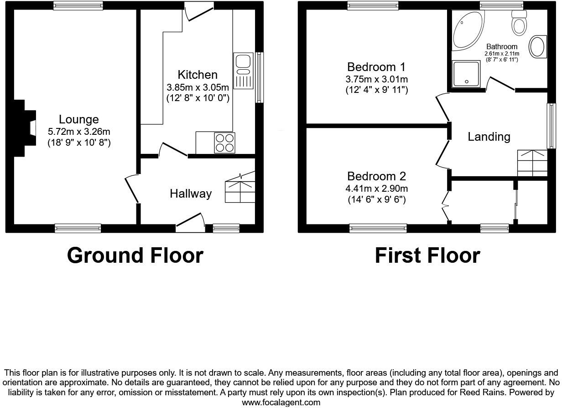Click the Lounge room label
(79, 119)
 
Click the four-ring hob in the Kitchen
(224, 143)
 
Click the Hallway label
(191, 194)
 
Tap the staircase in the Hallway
(240, 188)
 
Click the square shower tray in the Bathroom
(466, 74)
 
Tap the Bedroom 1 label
(376, 67)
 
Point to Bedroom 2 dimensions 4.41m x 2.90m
(377, 189)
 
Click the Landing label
(489, 137)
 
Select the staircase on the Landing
(532, 163)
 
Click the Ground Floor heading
(135, 255)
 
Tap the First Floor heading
(427, 255)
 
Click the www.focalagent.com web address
(281, 402)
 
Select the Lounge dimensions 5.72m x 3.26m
(79, 132)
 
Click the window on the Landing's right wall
(551, 126)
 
